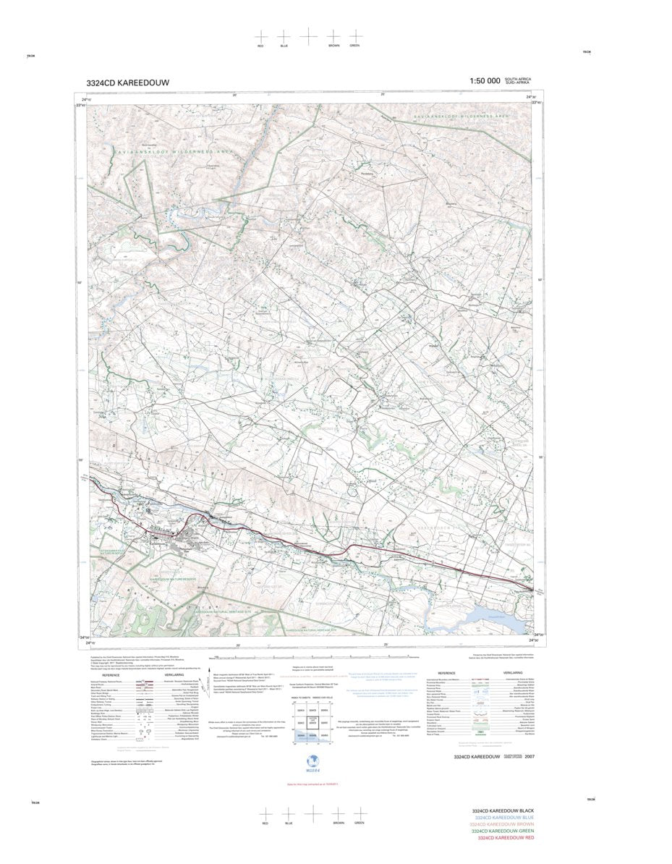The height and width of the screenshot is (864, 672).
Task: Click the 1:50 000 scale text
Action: tap(485, 82)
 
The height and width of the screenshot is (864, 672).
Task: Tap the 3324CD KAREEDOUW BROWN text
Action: tap(503, 824)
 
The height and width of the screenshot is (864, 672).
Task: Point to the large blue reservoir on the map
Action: tap(496, 619)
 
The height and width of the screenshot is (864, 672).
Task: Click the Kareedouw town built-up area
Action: tap(190, 536)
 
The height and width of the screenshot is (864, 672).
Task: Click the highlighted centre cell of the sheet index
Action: tap(312, 722)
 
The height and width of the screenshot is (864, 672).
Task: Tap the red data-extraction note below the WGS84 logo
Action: tap(312, 784)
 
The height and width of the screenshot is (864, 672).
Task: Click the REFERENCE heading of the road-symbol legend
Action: tap(110, 675)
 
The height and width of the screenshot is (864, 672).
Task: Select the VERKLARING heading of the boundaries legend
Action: tap(513, 673)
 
